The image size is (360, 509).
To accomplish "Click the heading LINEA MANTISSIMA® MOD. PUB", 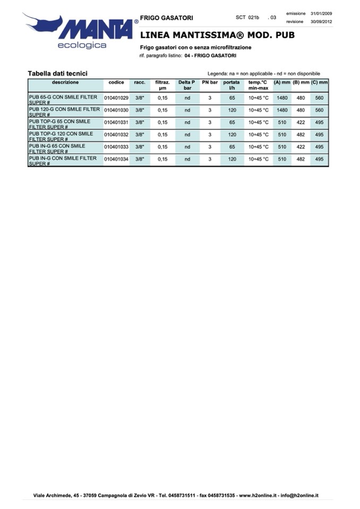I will (217, 36).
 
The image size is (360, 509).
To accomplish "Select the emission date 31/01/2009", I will (321, 13).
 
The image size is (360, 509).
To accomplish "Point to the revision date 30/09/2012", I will (321, 22).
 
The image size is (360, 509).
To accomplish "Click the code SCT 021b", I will (247, 18).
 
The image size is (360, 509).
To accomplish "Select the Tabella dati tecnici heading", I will (57, 73).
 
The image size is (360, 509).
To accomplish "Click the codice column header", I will (116, 83).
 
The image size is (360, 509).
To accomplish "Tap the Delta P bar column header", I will (187, 85).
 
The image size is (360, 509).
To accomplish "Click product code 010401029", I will (116, 98).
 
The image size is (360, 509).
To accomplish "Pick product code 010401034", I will (116, 159).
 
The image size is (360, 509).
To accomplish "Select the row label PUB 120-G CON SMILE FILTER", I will (64, 109).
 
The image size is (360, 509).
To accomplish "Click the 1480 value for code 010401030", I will (282, 110).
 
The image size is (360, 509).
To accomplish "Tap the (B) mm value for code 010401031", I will (301, 123).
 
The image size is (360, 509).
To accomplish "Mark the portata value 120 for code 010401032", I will (232, 135).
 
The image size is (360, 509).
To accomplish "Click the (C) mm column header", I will (319, 83).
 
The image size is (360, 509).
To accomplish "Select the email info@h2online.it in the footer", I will (299, 495).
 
